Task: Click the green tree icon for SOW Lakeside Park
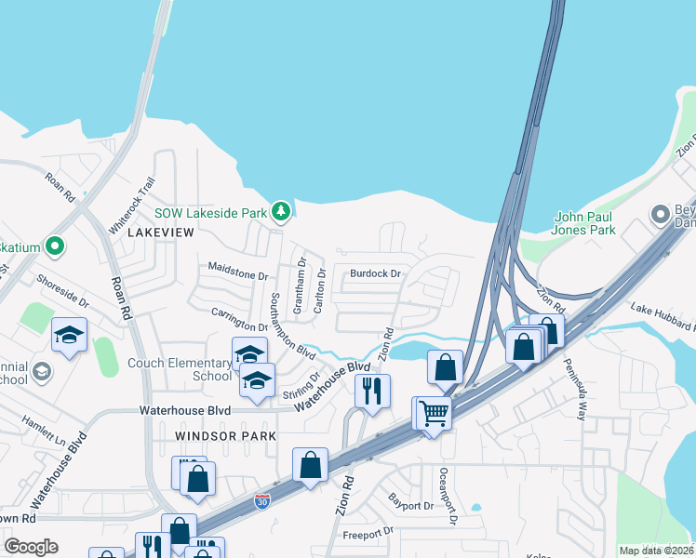click(x=280, y=213)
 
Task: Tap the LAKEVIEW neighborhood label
click(x=160, y=232)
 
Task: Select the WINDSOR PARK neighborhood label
click(x=225, y=435)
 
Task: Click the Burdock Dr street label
click(x=375, y=274)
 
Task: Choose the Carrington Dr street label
click(x=239, y=319)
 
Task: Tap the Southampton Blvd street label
click(x=290, y=326)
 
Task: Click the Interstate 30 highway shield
click(x=263, y=502)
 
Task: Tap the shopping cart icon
click(x=434, y=412)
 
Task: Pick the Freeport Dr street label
click(x=368, y=534)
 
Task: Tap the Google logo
click(x=32, y=547)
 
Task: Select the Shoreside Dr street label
click(x=62, y=290)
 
